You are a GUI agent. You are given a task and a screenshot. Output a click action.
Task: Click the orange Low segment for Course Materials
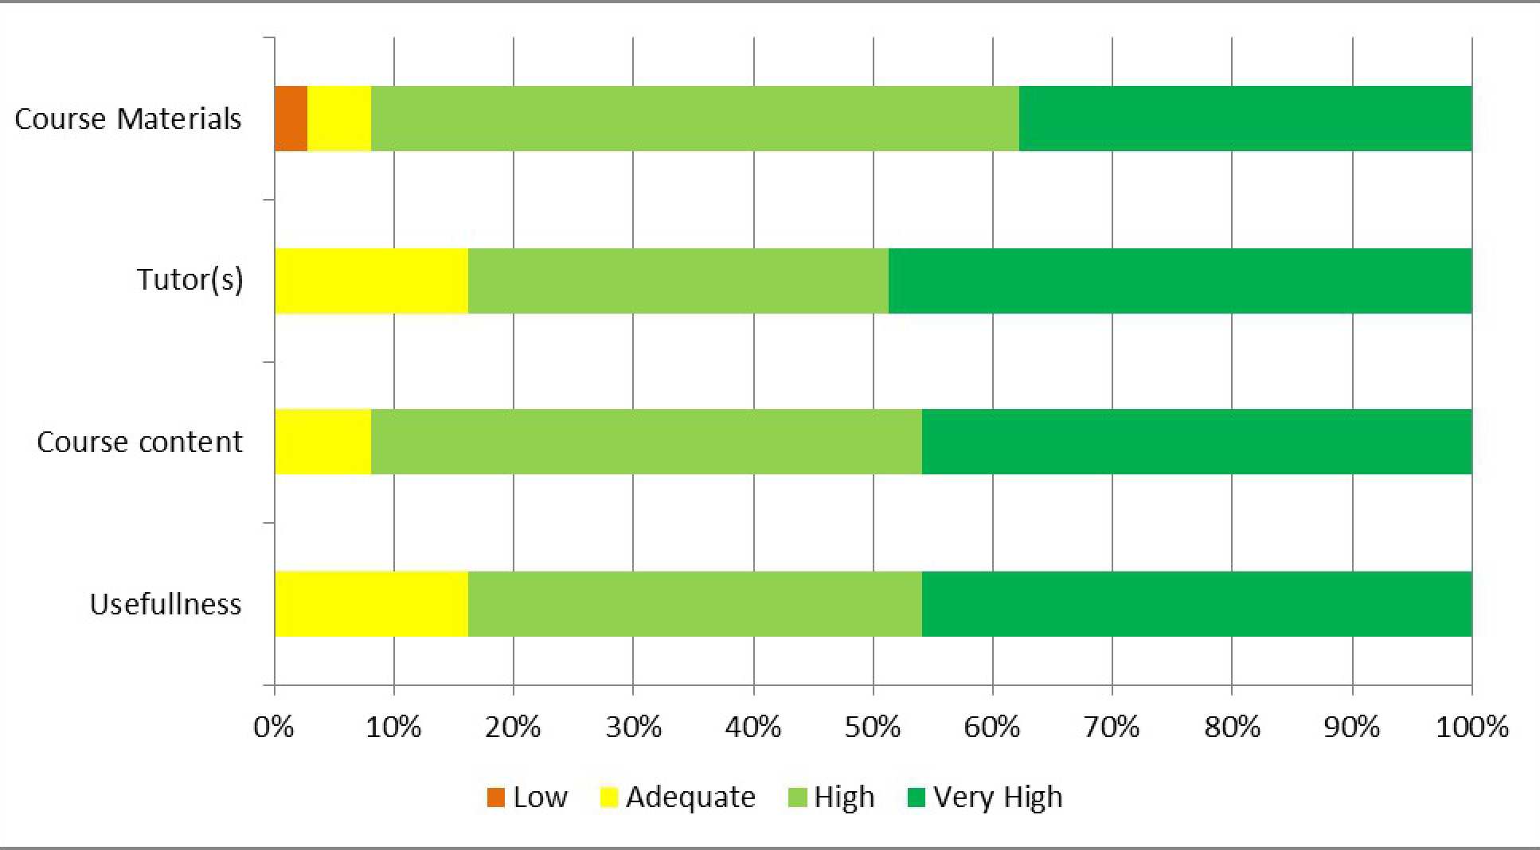pyautogui.click(x=291, y=119)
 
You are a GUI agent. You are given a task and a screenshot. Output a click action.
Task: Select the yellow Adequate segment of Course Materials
pyautogui.click(x=339, y=119)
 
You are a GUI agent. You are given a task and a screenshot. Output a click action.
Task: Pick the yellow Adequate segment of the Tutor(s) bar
pyautogui.click(x=371, y=281)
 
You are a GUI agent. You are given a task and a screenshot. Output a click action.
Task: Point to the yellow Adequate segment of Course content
pyautogui.click(x=322, y=442)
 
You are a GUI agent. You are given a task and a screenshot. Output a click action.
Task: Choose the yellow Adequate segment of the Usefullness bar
pyautogui.click(x=371, y=604)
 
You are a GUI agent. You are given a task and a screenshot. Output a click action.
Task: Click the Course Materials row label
pyautogui.click(x=127, y=119)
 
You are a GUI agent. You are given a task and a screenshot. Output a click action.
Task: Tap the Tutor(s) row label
pyautogui.click(x=190, y=280)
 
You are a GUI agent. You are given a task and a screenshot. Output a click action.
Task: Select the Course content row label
pyautogui.click(x=139, y=442)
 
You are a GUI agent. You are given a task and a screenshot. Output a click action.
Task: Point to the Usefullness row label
pyautogui.click(x=165, y=604)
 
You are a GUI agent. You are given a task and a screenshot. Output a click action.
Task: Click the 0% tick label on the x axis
pyautogui.click(x=274, y=727)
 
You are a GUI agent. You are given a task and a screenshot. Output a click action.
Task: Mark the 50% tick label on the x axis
pyautogui.click(x=873, y=727)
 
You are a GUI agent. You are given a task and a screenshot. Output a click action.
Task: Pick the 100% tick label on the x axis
pyautogui.click(x=1472, y=727)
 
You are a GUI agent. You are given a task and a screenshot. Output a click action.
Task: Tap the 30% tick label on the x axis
pyautogui.click(x=633, y=727)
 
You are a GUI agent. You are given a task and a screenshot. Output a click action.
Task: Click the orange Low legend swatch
pyautogui.click(x=496, y=797)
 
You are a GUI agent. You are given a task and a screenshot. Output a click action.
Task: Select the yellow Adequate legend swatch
pyautogui.click(x=609, y=797)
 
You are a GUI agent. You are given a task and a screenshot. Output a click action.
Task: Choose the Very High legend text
pyautogui.click(x=998, y=797)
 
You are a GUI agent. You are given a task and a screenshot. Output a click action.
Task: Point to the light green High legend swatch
pyautogui.click(x=797, y=797)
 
